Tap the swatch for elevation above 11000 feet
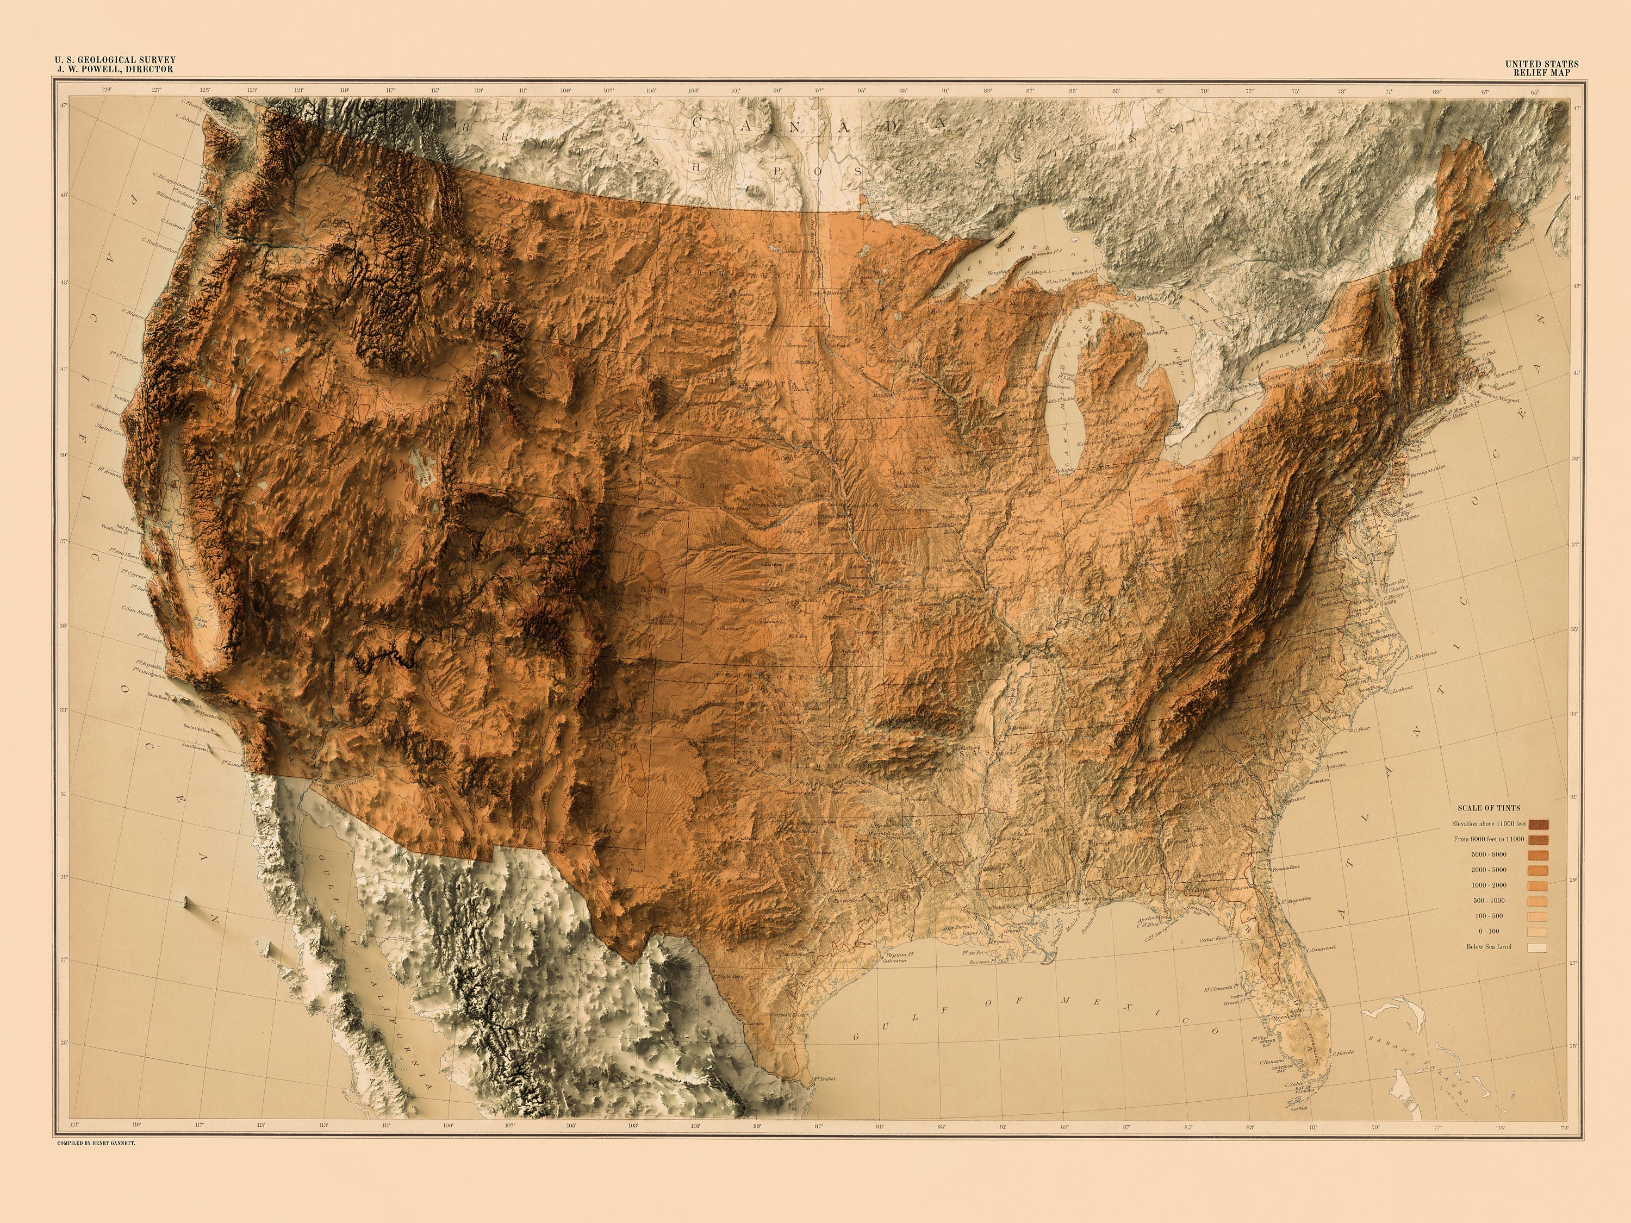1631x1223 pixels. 1538,824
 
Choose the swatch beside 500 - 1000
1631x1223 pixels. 1538,901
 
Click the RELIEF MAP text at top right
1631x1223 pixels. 1542,72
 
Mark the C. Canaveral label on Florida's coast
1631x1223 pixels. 1321,949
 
